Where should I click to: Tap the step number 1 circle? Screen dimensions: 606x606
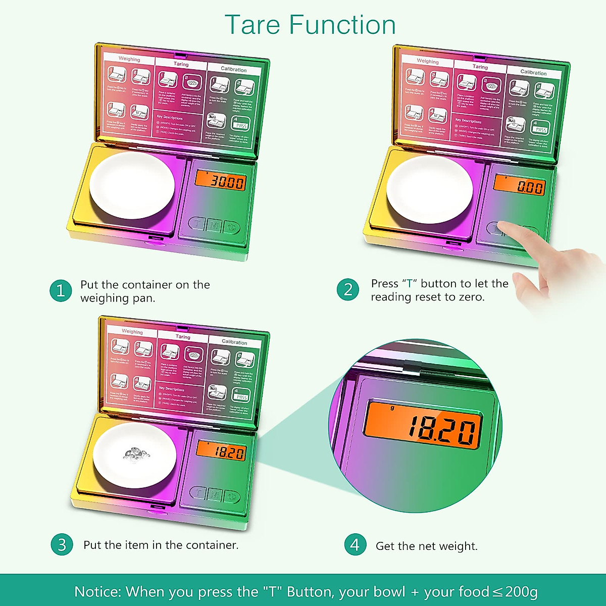(x=61, y=291)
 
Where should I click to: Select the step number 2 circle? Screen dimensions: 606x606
(x=347, y=290)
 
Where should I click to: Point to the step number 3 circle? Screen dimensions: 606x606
(x=62, y=545)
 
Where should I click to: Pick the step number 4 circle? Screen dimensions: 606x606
(x=355, y=545)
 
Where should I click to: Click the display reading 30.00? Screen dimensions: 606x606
(x=221, y=180)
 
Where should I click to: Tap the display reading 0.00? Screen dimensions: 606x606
(x=519, y=185)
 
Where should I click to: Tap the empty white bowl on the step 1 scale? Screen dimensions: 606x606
(x=132, y=186)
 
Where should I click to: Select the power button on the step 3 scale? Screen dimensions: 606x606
(x=232, y=496)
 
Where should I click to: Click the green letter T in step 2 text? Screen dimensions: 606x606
(x=410, y=283)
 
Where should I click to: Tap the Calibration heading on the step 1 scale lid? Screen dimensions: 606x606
(x=234, y=69)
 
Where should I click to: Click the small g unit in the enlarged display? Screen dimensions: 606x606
(x=392, y=408)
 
